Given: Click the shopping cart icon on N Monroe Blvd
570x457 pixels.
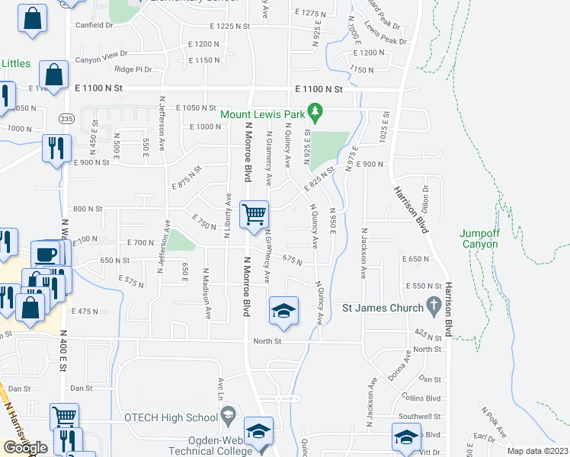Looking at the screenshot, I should [253, 213].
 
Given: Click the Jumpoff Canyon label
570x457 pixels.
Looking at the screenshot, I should [479, 239].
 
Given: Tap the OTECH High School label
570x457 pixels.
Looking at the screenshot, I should [171, 417].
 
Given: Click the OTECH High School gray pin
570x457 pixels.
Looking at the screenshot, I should [227, 416].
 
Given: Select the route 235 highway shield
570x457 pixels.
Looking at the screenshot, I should [67, 118].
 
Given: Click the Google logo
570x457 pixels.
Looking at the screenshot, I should [26, 448].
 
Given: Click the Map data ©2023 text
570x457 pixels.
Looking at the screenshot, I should [537, 451].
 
